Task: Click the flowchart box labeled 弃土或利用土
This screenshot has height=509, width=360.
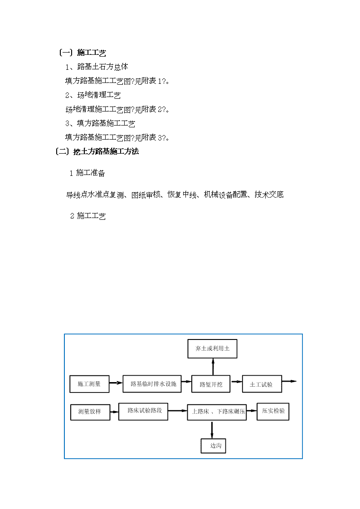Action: click(x=212, y=349)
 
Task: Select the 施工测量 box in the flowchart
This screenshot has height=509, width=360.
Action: click(x=89, y=384)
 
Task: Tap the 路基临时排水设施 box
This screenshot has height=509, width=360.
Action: click(x=152, y=384)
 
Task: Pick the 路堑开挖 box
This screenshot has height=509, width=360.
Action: click(x=211, y=384)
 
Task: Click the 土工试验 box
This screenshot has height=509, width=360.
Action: click(x=262, y=384)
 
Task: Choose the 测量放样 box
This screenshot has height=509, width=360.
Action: click(x=90, y=412)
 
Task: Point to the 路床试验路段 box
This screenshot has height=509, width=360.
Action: click(x=143, y=411)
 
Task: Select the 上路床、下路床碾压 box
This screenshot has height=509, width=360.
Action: click(x=217, y=412)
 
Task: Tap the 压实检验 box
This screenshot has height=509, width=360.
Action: click(x=273, y=411)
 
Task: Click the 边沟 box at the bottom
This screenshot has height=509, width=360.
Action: click(x=213, y=446)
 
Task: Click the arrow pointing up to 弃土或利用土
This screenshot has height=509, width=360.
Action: click(x=213, y=367)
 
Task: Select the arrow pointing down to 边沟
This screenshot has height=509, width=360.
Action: click(x=212, y=430)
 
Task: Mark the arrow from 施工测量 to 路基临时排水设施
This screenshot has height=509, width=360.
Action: click(x=116, y=383)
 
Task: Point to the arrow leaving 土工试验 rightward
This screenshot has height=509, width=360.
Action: click(x=289, y=381)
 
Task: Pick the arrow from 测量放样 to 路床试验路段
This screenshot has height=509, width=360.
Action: click(x=114, y=412)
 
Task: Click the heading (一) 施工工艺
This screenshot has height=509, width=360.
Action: click(x=83, y=53)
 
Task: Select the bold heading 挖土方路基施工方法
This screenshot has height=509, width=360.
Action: click(x=106, y=151)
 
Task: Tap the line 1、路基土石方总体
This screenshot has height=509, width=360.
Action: click(x=97, y=67)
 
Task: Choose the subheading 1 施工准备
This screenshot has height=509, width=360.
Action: click(x=88, y=173)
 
